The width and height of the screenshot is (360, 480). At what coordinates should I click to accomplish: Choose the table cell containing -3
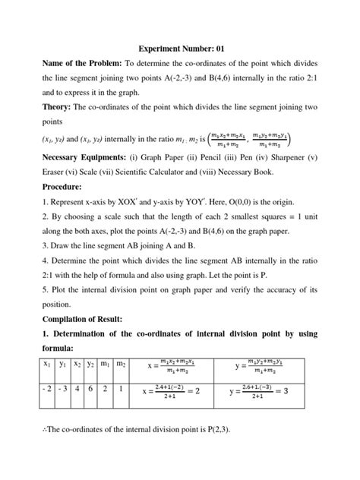pos(65,392)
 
